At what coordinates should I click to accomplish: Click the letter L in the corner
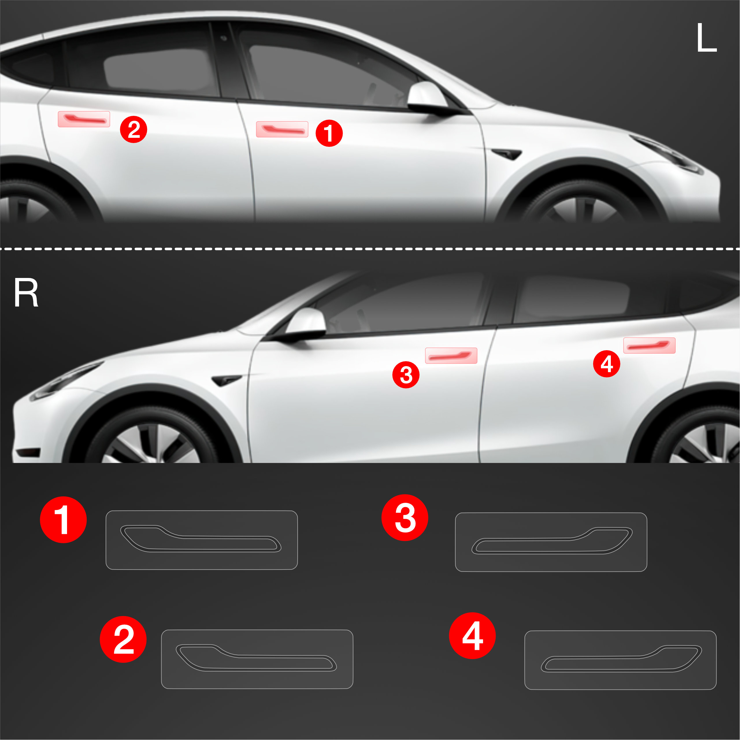click(x=706, y=38)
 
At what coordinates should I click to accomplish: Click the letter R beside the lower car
click(x=26, y=293)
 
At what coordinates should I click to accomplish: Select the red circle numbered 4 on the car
click(x=607, y=363)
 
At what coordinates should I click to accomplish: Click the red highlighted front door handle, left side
click(x=282, y=129)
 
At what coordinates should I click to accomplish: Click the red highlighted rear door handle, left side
click(x=84, y=119)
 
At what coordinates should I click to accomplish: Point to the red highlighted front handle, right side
click(x=451, y=355)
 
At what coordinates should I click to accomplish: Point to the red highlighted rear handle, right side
click(x=650, y=346)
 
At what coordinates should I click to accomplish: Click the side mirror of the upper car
click(x=429, y=97)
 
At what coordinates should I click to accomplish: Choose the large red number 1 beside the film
click(x=63, y=520)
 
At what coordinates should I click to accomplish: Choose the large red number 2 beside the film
click(x=123, y=639)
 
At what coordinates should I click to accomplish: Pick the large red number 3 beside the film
click(x=405, y=518)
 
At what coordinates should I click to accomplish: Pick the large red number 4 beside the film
click(x=472, y=635)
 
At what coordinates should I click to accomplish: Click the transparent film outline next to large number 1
click(x=201, y=511)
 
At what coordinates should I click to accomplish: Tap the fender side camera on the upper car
click(x=506, y=154)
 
